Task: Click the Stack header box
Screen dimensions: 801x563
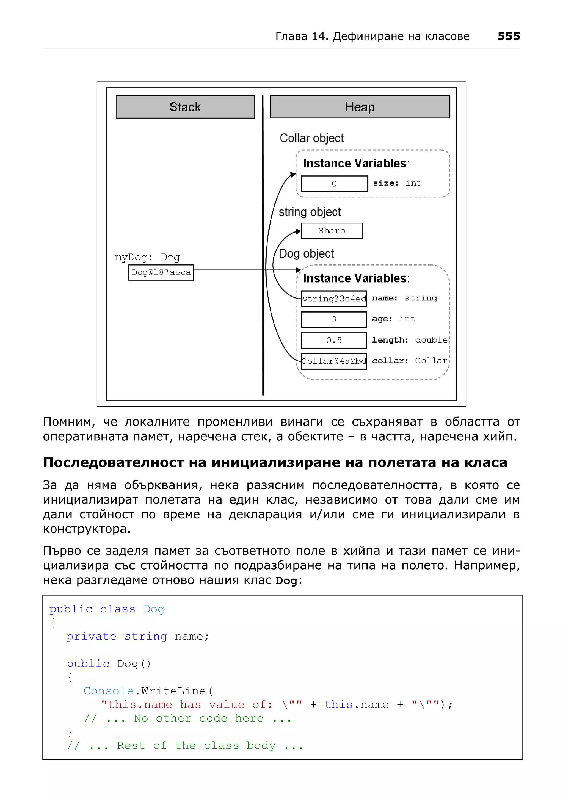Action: [185, 107]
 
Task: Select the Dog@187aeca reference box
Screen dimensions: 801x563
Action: [161, 272]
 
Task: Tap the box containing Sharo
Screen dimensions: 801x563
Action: [332, 231]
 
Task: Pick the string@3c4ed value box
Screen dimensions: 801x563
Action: [334, 299]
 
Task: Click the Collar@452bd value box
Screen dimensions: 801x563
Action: [334, 361]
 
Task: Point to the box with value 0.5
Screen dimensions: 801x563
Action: [334, 340]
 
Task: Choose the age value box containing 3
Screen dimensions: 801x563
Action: [334, 319]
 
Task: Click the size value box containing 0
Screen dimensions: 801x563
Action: [334, 184]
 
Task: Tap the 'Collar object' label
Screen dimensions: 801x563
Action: [311, 138]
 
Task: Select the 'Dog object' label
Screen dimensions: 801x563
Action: [306, 254]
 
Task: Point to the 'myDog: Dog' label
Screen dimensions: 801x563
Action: [147, 258]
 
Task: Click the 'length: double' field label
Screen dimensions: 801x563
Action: [410, 340]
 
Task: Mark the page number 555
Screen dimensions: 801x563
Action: [509, 36]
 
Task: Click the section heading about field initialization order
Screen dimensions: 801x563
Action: [275, 463]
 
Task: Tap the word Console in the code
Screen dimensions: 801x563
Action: [109, 691]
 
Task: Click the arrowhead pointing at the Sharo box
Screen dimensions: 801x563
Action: [298, 231]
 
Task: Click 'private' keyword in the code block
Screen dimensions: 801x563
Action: [91, 636]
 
